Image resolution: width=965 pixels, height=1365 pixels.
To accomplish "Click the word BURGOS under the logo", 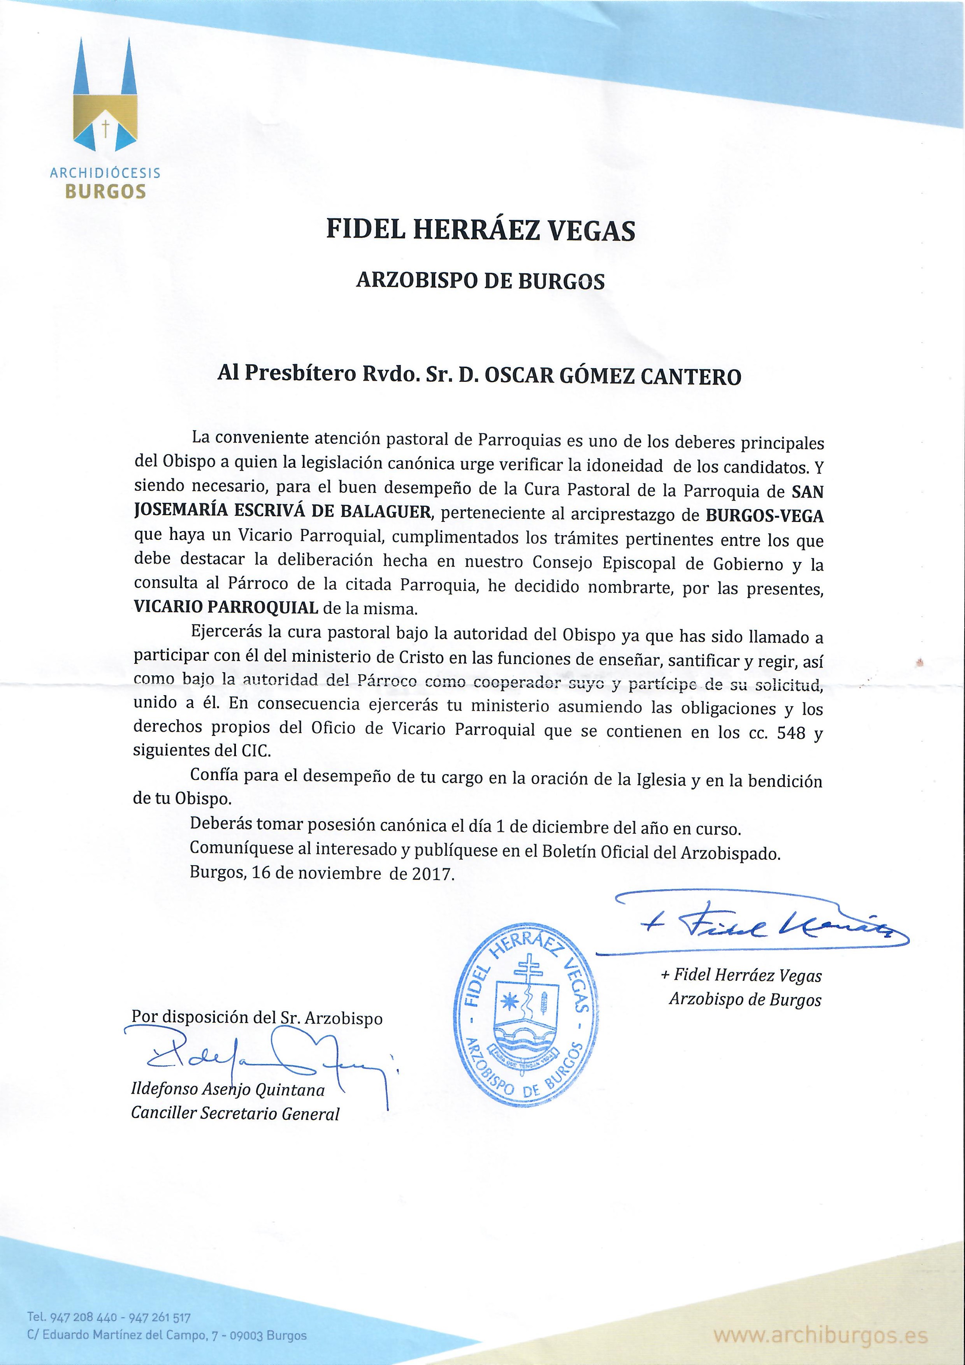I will click(x=105, y=191).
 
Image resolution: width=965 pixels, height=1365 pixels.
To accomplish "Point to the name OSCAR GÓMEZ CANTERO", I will click(x=613, y=376).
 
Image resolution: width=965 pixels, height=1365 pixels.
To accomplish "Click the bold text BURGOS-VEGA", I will click(x=764, y=515).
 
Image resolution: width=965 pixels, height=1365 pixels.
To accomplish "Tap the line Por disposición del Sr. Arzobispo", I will click(x=257, y=1017).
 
